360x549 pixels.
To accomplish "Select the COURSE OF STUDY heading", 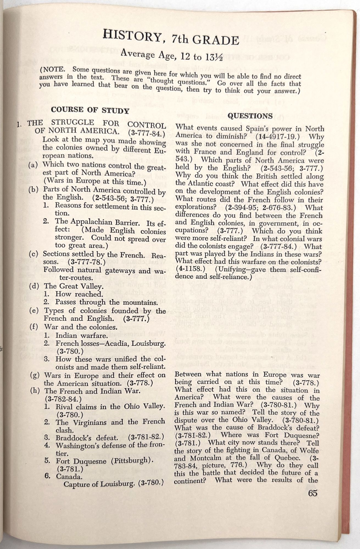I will tap(90, 110).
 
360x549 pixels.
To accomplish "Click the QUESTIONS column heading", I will tap(250, 116).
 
